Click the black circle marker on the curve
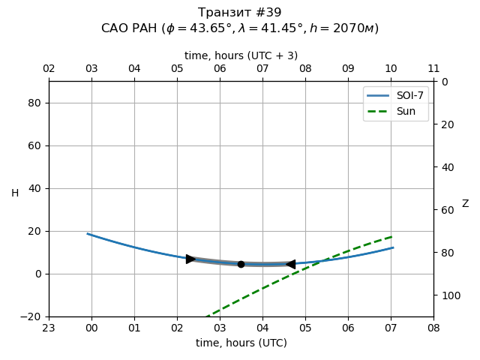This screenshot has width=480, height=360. click(x=241, y=264)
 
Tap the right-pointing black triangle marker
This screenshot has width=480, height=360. click(x=190, y=259)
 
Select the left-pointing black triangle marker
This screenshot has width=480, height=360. click(x=290, y=264)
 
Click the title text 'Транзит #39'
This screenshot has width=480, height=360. click(x=240, y=13)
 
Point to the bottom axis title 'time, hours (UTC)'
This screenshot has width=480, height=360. click(x=241, y=343)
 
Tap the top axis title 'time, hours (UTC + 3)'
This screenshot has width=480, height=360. click(x=241, y=55)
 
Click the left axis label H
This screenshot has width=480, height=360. click(x=15, y=193)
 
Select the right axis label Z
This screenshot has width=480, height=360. click(x=465, y=203)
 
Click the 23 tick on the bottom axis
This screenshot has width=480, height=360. click(x=49, y=328)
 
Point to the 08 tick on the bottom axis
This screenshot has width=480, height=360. click(x=433, y=328)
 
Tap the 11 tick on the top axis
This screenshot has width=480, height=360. click(x=433, y=69)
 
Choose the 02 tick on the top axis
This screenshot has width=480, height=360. click(x=49, y=69)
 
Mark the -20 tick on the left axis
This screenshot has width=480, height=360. click(x=31, y=316)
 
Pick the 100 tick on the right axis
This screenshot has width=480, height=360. click(x=448, y=295)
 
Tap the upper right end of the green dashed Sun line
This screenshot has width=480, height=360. click(x=392, y=236)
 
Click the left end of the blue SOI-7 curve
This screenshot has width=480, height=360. click(x=88, y=234)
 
